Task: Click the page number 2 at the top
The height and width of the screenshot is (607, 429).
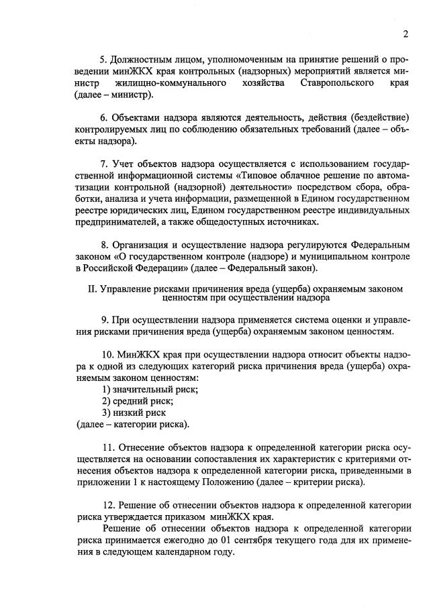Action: click(406, 35)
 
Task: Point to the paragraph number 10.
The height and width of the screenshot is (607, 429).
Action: click(108, 353)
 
